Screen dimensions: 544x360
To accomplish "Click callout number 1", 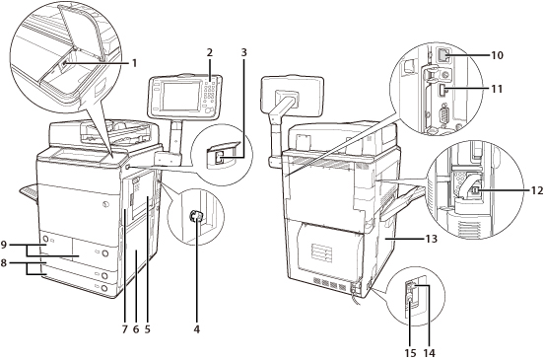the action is click(134, 63).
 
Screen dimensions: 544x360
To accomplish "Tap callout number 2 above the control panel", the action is click(209, 53).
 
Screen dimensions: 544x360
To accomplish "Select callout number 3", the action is click(243, 53).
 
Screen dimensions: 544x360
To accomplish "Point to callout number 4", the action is click(197, 329).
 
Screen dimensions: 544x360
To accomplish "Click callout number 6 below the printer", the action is click(136, 329).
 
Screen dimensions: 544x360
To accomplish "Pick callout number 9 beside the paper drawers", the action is click(4, 245).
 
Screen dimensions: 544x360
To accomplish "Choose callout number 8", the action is click(4, 262).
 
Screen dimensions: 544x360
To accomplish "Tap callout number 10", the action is click(497, 55).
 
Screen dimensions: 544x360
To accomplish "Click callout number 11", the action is click(497, 89).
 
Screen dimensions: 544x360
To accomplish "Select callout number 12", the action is click(536, 190).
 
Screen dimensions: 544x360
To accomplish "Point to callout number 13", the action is click(431, 239).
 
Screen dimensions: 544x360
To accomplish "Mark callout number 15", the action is click(410, 353).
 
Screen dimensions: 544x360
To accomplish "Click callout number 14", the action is click(429, 353).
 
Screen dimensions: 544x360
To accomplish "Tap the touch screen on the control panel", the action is click(181, 97).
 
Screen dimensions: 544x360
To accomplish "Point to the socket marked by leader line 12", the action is click(476, 190).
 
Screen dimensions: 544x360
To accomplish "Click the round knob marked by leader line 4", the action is click(195, 217).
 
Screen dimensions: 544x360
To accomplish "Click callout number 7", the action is click(124, 329).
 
